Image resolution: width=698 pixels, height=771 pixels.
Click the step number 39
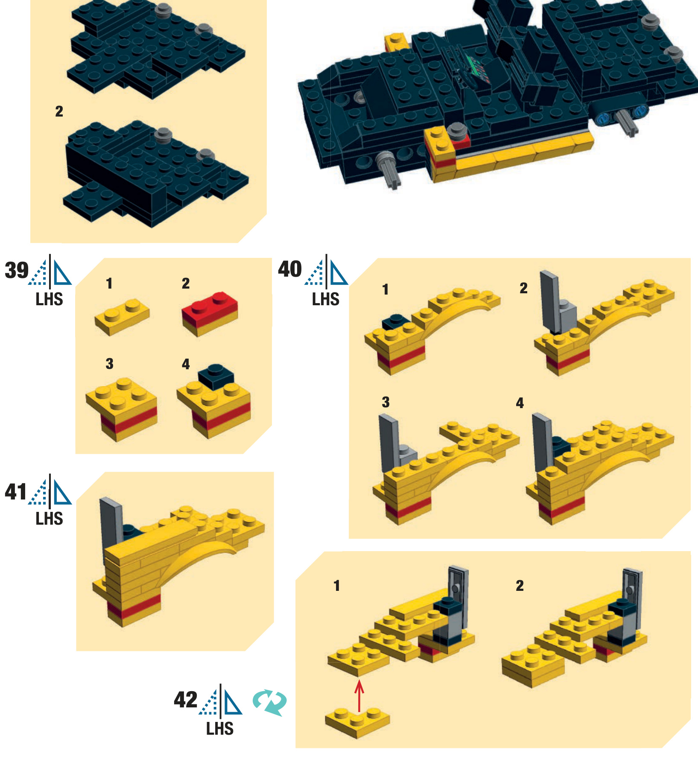[x=17, y=270]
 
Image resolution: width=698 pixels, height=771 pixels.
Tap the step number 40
[x=290, y=269]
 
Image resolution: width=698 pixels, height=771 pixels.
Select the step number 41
[x=16, y=491]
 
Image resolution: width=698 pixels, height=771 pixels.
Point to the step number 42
[x=186, y=700]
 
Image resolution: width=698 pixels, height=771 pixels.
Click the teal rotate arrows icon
[x=270, y=702]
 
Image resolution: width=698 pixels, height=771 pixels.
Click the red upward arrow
[x=359, y=696]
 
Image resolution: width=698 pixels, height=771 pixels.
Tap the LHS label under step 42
[x=220, y=729]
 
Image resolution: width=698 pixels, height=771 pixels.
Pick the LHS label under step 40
[x=326, y=299]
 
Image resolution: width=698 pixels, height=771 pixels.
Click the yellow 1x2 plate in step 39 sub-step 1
[x=122, y=316]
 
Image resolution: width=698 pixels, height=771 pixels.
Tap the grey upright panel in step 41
[x=112, y=527]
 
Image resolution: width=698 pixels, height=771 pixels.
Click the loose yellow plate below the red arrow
[x=358, y=723]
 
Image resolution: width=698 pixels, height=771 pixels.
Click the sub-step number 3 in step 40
[x=386, y=402]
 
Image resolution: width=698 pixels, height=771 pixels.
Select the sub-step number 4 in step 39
[x=186, y=364]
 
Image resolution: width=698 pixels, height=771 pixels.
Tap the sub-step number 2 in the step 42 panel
[x=520, y=585]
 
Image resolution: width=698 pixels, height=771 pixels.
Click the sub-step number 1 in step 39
[x=109, y=283]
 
